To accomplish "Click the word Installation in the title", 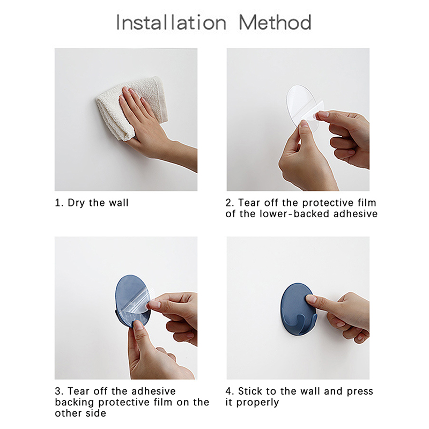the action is click(171, 23).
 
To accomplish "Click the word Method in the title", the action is click(275, 23).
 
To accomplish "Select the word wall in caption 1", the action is click(119, 203).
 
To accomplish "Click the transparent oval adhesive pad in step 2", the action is click(302, 107).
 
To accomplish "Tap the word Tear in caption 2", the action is click(248, 203).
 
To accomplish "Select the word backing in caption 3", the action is click(75, 403).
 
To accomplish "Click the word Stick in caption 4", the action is click(248, 391).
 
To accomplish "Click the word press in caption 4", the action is click(360, 392).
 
